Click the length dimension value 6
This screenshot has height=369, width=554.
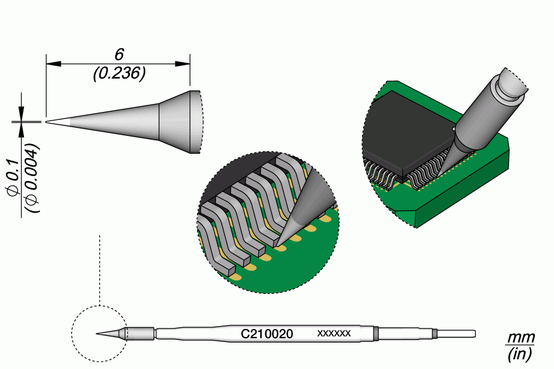(x=119, y=54)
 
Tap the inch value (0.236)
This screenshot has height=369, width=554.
(x=119, y=74)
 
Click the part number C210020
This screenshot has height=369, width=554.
(x=266, y=334)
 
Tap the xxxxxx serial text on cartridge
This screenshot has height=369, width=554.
(x=334, y=333)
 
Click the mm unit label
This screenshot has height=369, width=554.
(x=520, y=339)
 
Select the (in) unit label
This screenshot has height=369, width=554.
(x=520, y=354)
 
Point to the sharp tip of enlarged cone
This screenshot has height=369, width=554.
(x=48, y=121)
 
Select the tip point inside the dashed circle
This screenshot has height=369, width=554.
(x=98, y=334)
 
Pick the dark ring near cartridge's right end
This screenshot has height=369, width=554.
(x=435, y=334)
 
